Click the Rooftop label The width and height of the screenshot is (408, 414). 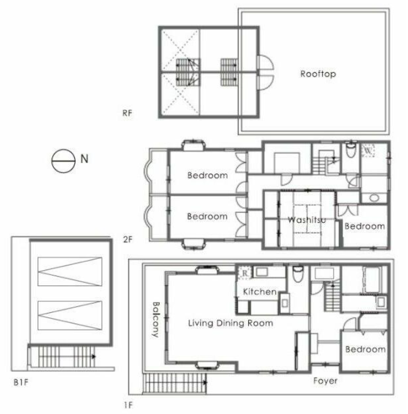tap(318, 74)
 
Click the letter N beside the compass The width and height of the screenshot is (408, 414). tap(84, 159)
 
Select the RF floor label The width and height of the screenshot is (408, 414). tap(127, 113)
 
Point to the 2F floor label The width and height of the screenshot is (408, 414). tap(128, 240)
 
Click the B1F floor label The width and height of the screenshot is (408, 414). tap(21, 382)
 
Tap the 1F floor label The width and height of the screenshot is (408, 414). tap(128, 405)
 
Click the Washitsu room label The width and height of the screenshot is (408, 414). tap(307, 220)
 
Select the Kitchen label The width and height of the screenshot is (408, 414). tap(260, 292)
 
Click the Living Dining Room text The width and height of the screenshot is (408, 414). tap(230, 323)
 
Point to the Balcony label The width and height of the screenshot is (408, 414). tap(156, 320)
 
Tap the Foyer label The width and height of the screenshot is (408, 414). tap(325, 381)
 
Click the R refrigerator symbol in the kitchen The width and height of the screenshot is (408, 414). tap(245, 273)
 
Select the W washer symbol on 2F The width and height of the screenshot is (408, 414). tap(368, 151)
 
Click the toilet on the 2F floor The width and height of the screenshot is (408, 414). tap(351, 151)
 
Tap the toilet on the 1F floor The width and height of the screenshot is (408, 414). tap(298, 274)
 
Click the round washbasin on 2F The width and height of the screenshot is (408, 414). tap(374, 198)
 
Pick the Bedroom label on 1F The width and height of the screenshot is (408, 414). tap(365, 350)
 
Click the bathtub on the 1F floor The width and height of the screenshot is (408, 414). tap(372, 280)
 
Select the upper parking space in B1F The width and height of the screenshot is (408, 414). tap(70, 271)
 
